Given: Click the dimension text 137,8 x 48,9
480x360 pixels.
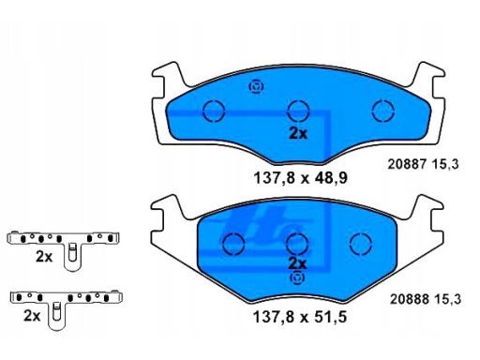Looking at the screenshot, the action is tap(300, 178).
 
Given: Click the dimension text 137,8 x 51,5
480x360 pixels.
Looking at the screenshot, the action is tap(300, 318).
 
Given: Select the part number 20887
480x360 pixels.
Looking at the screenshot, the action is tap(407, 164).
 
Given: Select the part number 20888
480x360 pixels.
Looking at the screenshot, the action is tap(409, 299).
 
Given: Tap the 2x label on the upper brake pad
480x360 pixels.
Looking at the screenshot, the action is tap(298, 134).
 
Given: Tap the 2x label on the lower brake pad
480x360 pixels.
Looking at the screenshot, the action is tap(297, 264).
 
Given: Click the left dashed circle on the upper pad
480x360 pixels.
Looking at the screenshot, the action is tap(214, 111).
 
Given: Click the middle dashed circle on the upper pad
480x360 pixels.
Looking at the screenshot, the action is tap(298, 111).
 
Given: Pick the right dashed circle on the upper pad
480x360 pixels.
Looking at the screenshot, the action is tap(383, 111).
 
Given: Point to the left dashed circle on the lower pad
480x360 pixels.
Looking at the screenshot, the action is tap(233, 244).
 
